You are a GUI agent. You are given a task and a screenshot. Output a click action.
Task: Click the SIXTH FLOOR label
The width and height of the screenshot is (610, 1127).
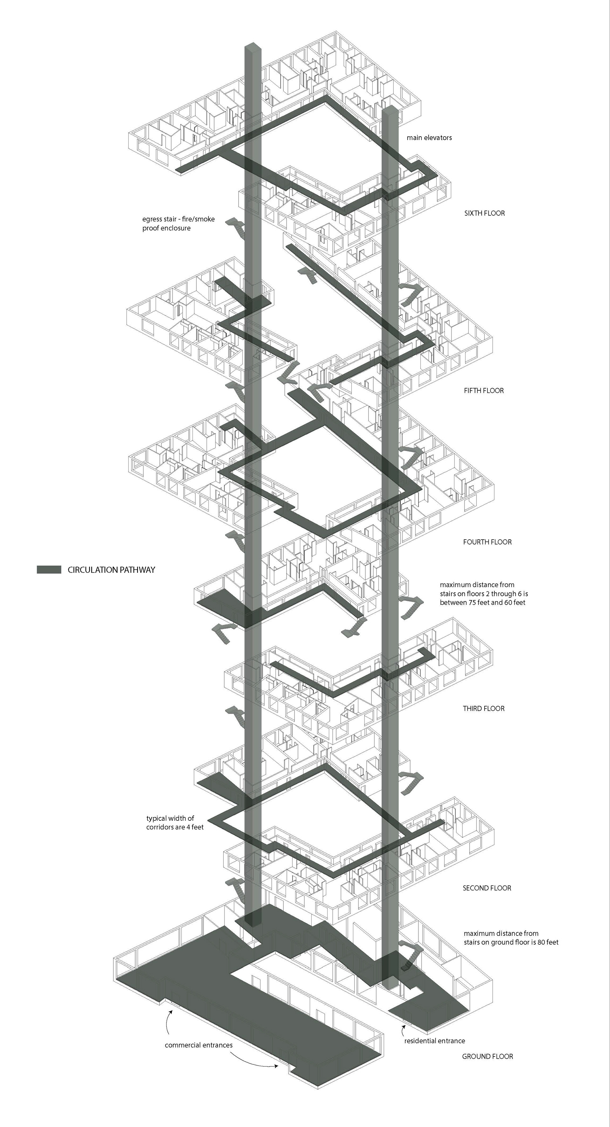click(x=485, y=213)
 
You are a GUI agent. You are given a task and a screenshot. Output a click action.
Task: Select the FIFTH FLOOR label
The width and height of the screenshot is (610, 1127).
click(x=484, y=391)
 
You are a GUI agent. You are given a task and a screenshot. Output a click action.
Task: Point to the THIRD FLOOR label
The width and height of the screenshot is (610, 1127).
click(x=484, y=708)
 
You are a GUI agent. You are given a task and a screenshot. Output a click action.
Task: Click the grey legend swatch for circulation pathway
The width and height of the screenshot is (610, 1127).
click(x=49, y=570)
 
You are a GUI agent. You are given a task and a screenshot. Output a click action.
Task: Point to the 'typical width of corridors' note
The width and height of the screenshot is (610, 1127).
click(x=175, y=822)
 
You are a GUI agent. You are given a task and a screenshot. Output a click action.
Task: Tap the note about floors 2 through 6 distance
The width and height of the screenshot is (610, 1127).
click(x=484, y=594)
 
